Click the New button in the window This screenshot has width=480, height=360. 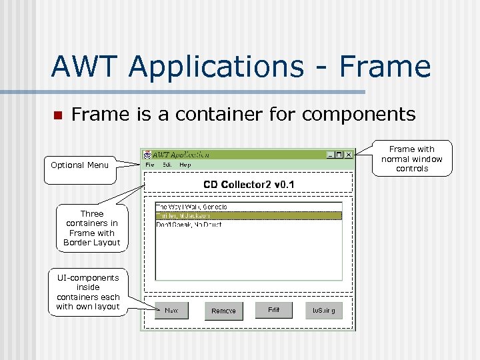(171, 311)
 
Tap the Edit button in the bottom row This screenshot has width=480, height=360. (273, 311)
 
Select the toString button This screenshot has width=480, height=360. (324, 311)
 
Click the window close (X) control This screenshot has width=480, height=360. (348, 155)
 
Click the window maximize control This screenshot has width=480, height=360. (339, 155)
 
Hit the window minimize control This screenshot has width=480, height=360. (331, 155)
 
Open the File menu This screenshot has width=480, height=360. (150, 165)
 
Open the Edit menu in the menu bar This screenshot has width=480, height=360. (167, 165)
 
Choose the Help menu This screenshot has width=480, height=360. (185, 165)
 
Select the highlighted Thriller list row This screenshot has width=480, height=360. (248, 215)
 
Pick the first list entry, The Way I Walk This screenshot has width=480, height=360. (248, 207)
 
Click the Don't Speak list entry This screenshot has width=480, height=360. (248, 225)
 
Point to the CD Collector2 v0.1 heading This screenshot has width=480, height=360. (249, 185)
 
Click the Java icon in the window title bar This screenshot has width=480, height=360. (147, 155)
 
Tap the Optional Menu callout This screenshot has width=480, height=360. (79, 165)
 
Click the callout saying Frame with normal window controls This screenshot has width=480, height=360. (411, 159)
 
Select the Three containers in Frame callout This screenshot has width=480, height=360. (92, 228)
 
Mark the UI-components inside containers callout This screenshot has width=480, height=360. (88, 292)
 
